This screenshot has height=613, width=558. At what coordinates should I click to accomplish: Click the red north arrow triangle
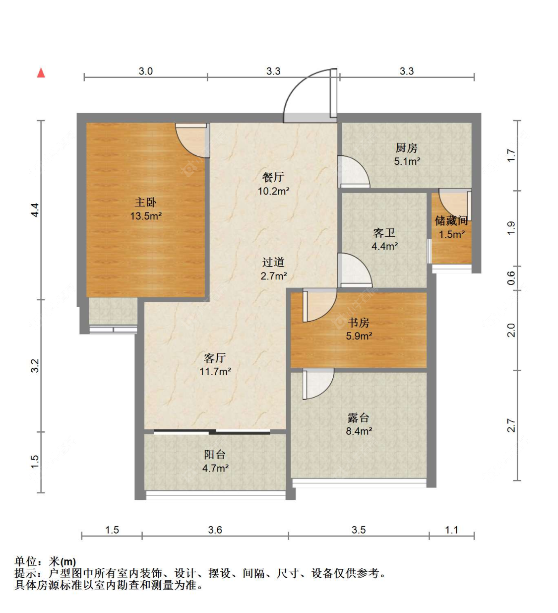[x=41, y=73]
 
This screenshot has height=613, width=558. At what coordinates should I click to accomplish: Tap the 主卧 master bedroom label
[x=146, y=203]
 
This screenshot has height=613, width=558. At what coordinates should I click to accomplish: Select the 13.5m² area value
[x=146, y=216]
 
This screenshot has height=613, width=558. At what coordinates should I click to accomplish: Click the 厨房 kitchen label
[x=407, y=148]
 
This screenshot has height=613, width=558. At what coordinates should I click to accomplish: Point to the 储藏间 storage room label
[x=451, y=221]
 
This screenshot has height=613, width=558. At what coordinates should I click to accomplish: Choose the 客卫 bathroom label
[x=384, y=233]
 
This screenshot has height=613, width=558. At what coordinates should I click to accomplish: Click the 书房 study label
[x=359, y=323]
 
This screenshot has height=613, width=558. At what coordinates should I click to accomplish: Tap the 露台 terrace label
[x=359, y=418]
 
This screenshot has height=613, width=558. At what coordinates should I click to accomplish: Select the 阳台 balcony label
[x=215, y=455]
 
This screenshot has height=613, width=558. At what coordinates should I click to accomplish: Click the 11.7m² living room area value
[x=215, y=372]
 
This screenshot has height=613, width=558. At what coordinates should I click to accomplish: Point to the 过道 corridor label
[x=273, y=262]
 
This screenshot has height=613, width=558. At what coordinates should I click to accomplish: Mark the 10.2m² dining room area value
[x=273, y=191]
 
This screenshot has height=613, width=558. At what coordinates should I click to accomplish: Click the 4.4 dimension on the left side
[x=35, y=210]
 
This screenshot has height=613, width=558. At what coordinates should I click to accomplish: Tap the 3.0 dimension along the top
[x=146, y=71]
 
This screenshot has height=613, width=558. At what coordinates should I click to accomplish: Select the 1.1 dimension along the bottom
[x=451, y=530]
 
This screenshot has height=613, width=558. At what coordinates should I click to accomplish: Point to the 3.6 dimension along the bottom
[x=215, y=530]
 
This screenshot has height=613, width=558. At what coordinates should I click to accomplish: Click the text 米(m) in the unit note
[x=62, y=562]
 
